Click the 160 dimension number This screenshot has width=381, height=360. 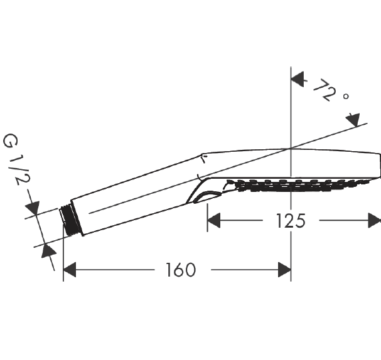[180, 270]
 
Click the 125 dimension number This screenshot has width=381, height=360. [291, 221]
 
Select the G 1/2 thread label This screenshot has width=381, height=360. [16, 159]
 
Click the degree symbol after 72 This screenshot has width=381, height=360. [346, 97]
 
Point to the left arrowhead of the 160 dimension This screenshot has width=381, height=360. [70, 270]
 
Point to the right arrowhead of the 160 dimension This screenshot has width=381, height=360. [284, 270]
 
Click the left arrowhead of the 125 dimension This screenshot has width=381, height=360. [214, 220]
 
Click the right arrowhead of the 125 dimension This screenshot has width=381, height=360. [375, 220]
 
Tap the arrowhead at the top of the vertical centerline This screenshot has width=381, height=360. [298, 79]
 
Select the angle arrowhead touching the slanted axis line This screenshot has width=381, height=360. [353, 120]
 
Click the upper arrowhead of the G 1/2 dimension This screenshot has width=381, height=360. [33, 208]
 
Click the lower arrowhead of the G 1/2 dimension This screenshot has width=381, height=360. [48, 251]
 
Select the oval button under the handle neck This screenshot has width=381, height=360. [207, 197]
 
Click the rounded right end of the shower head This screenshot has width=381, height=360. [379, 166]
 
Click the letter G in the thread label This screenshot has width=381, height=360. [10, 140]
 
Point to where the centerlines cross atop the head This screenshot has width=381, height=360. [291, 148]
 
